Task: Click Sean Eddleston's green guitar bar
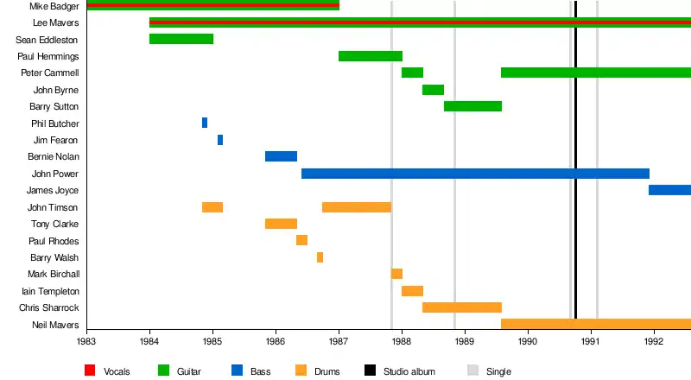click(181, 39)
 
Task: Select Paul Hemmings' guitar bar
click(371, 56)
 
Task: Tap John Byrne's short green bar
click(433, 90)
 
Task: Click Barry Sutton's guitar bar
click(472, 106)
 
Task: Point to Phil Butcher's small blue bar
click(205, 123)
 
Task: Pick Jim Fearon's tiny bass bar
click(220, 140)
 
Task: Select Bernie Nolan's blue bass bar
click(281, 156)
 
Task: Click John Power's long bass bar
click(475, 174)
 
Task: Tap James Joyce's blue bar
click(669, 190)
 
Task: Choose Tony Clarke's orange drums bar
click(281, 224)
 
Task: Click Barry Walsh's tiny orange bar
click(320, 257)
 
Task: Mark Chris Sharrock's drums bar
click(462, 307)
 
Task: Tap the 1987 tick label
click(339, 342)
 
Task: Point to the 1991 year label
click(591, 342)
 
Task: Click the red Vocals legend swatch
click(90, 371)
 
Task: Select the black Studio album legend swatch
click(370, 371)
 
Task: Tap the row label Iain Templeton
click(54, 291)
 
